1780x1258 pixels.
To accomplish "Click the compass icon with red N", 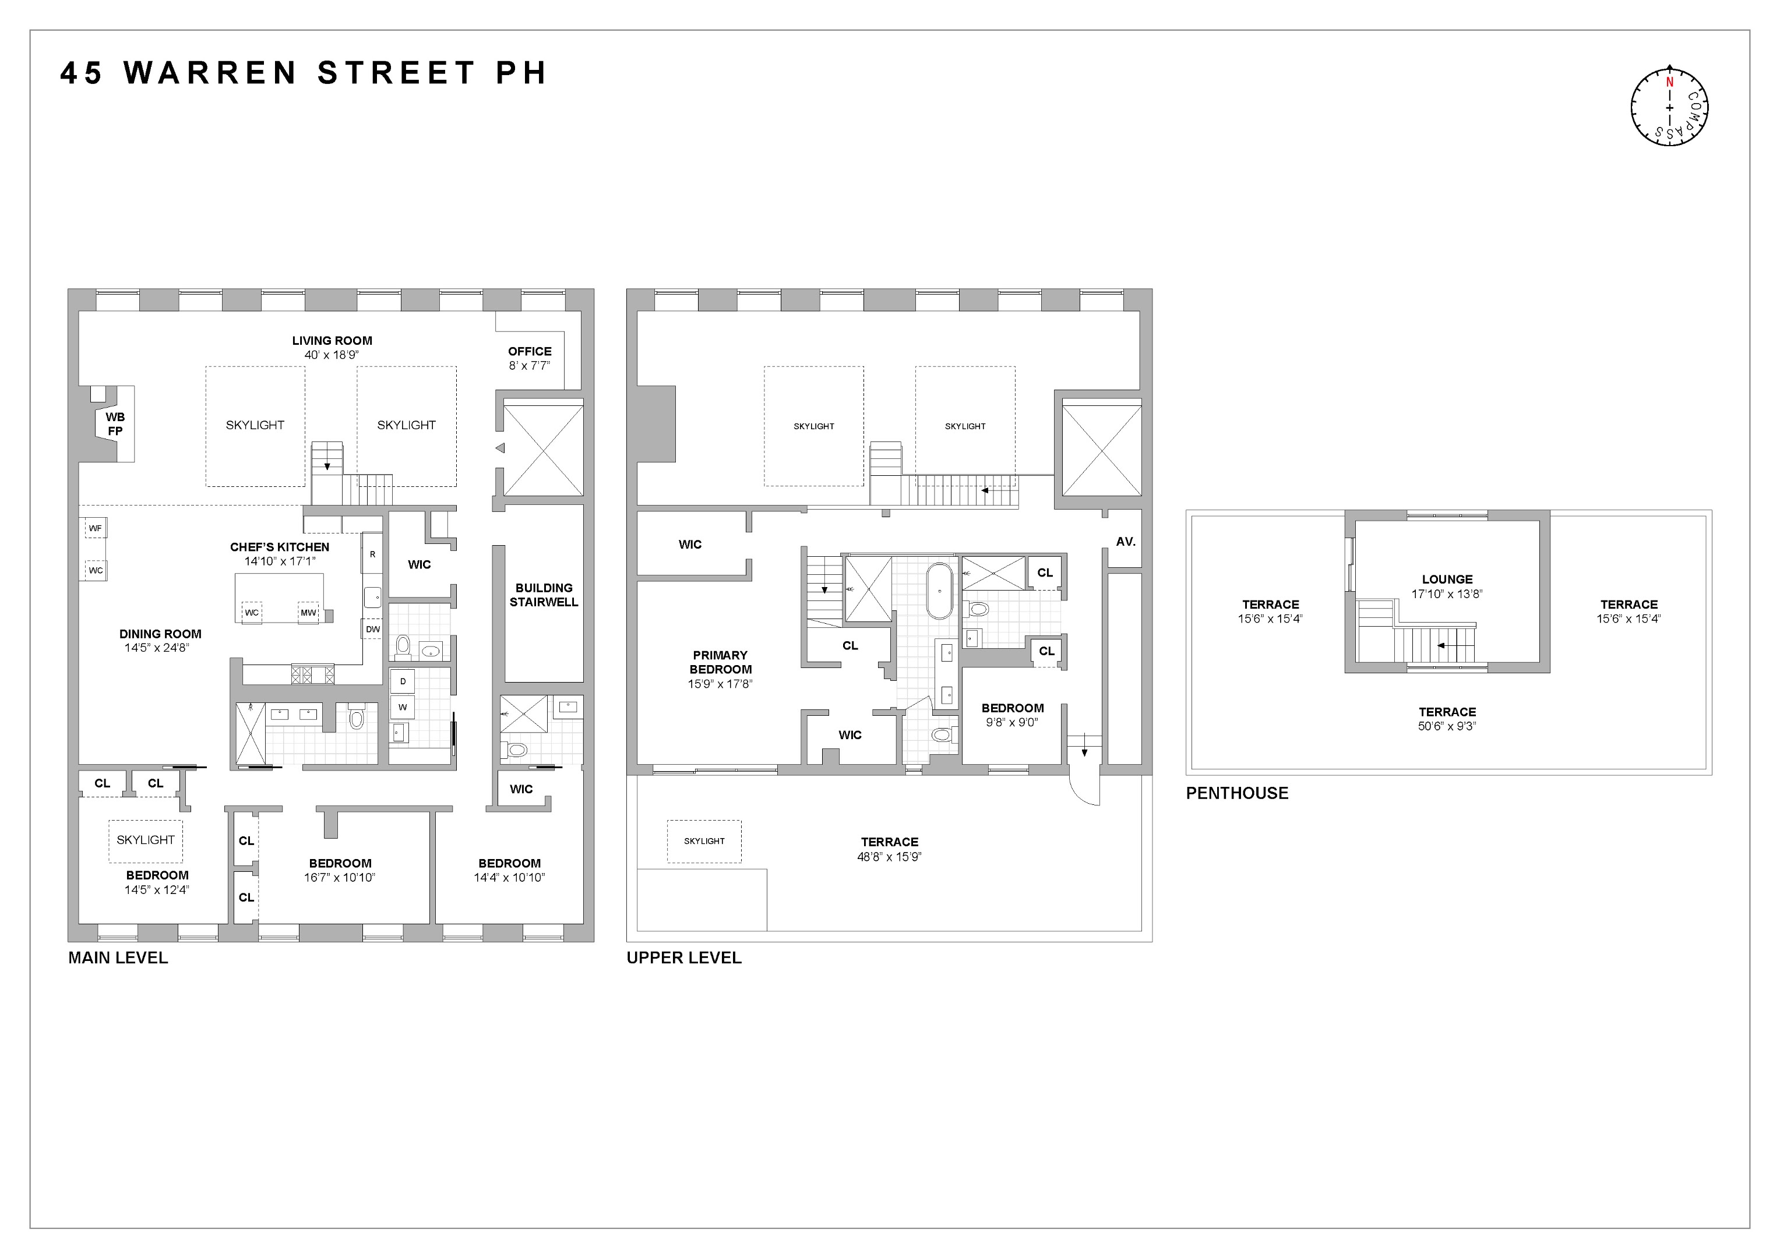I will (1669, 107).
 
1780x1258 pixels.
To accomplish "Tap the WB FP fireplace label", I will (115, 424).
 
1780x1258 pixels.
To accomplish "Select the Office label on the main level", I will (530, 351).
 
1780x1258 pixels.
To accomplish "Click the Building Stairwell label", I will (544, 595).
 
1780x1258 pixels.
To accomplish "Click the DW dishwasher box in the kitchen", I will (373, 628).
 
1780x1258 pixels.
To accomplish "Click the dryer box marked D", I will (403, 681).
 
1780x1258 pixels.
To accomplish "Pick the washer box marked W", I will (403, 707).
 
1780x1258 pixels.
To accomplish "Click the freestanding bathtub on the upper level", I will (940, 591).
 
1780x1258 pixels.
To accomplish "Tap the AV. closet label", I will (1126, 542).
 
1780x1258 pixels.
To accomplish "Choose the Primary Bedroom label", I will (720, 662).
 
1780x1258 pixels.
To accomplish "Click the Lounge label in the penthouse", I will (1447, 579).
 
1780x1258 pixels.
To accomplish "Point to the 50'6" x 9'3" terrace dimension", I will (1447, 726).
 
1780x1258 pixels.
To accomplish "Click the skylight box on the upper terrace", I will (704, 841).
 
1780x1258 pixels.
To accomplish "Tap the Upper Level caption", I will (684, 957).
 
